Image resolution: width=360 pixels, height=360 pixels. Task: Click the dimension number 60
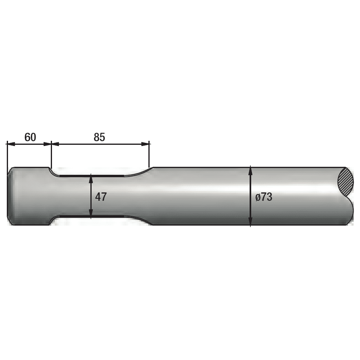pos(30,137)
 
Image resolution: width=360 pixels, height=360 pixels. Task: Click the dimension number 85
pos(99,137)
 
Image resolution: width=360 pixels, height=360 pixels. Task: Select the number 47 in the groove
pos(101,197)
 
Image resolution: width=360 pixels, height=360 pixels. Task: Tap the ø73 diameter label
pos(264,197)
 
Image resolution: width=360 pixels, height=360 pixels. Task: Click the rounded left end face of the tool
pos(10,196)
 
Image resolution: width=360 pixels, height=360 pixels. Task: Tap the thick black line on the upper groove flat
pos(92,175)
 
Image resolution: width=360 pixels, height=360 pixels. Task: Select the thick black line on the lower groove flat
pos(92,216)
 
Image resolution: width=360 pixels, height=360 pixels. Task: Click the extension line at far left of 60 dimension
pos(7,154)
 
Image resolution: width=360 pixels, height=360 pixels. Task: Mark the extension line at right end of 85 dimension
pos(149,154)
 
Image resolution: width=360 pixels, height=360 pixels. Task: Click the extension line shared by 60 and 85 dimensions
pos(52,154)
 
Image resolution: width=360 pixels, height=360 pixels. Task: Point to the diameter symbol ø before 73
pos(258,197)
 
